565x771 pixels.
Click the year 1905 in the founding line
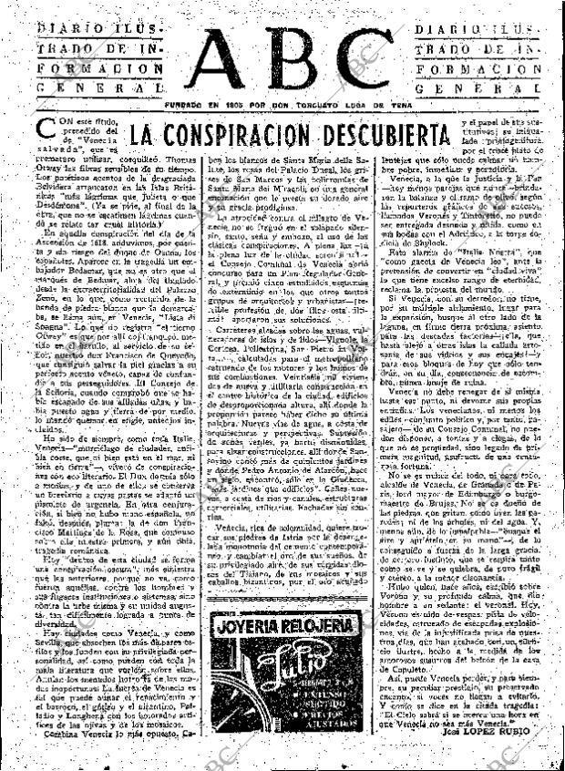[252, 107]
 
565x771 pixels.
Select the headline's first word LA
[144, 136]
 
